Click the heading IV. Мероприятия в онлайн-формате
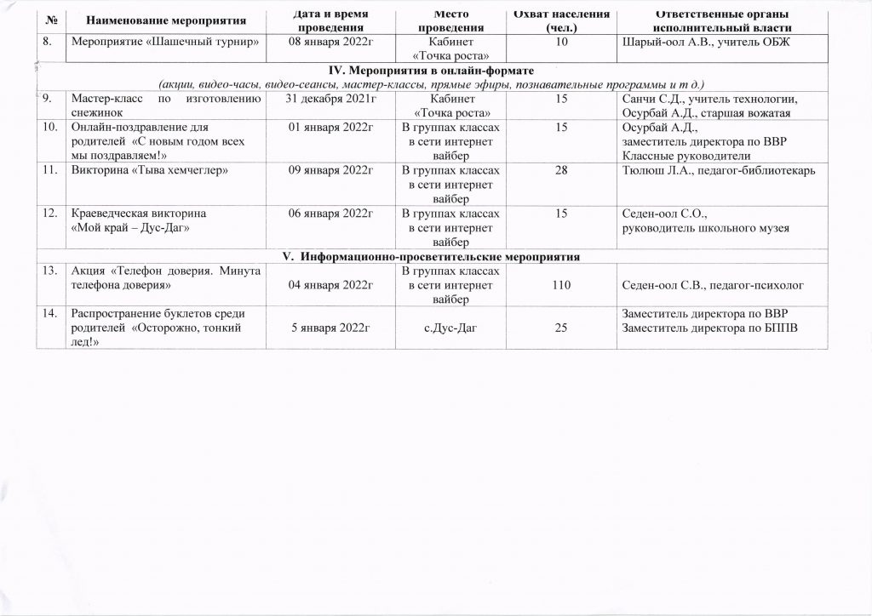tap(435, 70)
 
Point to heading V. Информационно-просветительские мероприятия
tap(435, 256)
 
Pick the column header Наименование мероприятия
tap(158, 18)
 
